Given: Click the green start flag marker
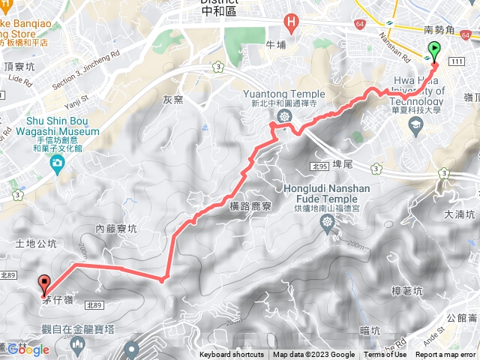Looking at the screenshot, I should pos(433,52).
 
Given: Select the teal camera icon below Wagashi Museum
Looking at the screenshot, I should pos(57,161).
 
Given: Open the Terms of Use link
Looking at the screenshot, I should pos(385,355).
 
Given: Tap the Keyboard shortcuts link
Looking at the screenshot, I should pos(232,355).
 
